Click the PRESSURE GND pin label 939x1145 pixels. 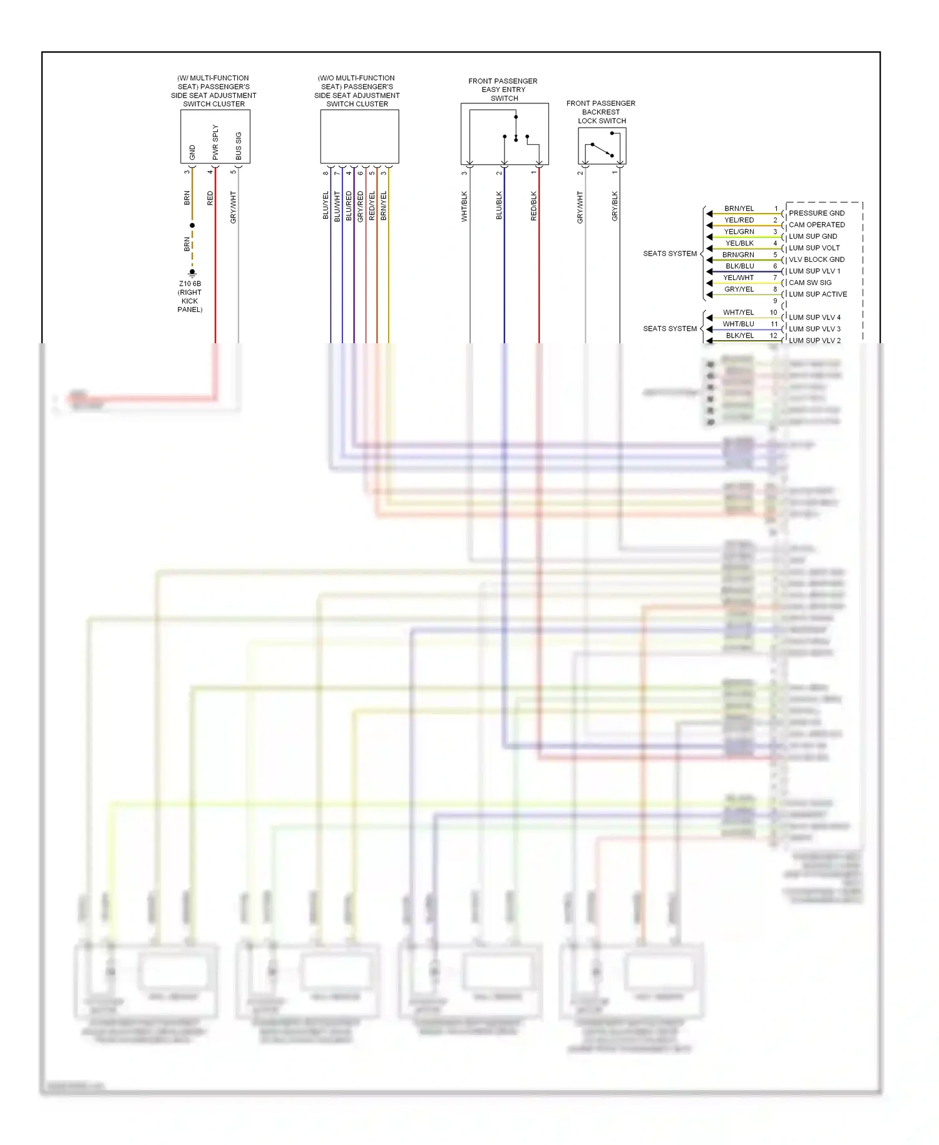[816, 213]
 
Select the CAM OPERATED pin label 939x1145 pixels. [816, 225]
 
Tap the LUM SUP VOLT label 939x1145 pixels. [814, 248]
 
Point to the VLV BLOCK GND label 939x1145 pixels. [816, 259]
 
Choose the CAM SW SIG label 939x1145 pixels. [810, 282]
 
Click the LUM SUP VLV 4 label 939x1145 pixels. [814, 318]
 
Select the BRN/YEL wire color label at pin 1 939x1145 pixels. [739, 209]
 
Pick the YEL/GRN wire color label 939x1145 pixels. [739, 232]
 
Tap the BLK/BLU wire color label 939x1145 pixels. [739, 266]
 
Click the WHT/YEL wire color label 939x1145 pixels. [738, 313]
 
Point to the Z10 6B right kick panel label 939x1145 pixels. [190, 296]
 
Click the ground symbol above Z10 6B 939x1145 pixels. [192, 272]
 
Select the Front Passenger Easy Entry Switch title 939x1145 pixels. [503, 90]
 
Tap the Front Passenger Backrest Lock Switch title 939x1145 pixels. [601, 112]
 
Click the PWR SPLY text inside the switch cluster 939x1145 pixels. [215, 142]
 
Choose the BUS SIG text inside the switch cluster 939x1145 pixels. [239, 145]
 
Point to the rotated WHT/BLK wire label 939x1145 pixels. [464, 206]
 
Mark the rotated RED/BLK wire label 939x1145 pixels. [534, 206]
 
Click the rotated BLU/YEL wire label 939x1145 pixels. [326, 205]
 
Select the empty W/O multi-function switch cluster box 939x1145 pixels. [359, 137]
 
